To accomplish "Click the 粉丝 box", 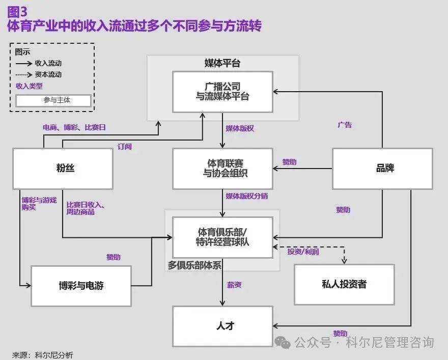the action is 63,169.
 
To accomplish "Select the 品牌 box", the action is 382,169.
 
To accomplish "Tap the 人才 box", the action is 223,326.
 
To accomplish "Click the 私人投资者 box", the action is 344,285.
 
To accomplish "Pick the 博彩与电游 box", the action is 81,286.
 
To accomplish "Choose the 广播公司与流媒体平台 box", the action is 223,92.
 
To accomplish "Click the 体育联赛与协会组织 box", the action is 223,169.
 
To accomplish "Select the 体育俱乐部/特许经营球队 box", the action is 223,237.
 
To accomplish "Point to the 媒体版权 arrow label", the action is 240,128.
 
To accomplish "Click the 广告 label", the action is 345,125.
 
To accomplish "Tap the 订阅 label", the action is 125,147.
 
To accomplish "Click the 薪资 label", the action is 234,285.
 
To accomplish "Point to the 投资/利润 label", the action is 303,252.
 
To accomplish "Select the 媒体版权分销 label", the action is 247,196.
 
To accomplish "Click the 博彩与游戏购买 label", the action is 39,204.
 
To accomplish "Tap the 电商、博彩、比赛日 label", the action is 74,127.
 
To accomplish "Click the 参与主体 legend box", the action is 53,100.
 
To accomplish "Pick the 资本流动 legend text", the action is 48,74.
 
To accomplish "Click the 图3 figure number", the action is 17,12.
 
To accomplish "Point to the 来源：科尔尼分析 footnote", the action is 43,355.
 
